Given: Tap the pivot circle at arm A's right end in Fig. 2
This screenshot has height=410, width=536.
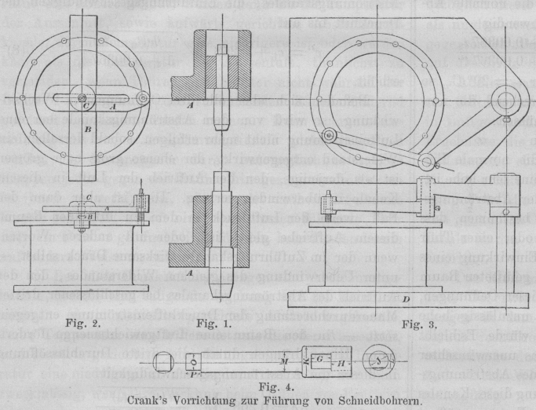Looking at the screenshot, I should [x=141, y=97].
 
